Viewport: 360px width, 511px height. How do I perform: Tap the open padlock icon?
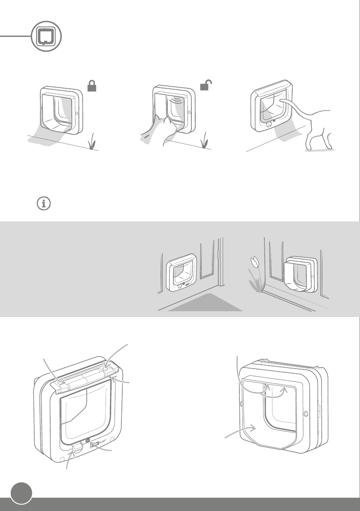coord(207,86)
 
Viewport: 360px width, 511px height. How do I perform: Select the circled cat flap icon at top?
coord(47,37)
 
